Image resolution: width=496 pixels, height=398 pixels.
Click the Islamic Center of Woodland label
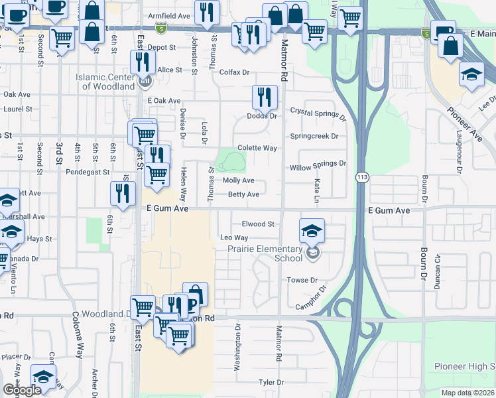105,82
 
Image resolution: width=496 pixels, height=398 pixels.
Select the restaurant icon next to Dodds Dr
265,97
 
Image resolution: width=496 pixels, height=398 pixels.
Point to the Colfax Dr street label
234,72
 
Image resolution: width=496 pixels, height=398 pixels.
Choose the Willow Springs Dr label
318,163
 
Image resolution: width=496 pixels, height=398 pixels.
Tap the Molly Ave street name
239,180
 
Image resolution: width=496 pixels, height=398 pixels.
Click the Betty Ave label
243,194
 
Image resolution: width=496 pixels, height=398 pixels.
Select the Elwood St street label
258,224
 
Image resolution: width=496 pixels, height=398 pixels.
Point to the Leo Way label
233,237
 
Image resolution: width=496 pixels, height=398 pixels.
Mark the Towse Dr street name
302,281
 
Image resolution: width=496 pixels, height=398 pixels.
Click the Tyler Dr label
271,382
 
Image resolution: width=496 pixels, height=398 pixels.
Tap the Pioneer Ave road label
464,124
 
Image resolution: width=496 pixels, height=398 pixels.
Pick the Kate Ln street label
317,190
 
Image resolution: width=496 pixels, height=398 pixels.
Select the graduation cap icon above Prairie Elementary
312,230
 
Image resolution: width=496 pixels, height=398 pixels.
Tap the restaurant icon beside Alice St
143,62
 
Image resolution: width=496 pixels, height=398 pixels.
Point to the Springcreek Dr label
314,136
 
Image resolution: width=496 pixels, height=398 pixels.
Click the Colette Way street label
257,148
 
